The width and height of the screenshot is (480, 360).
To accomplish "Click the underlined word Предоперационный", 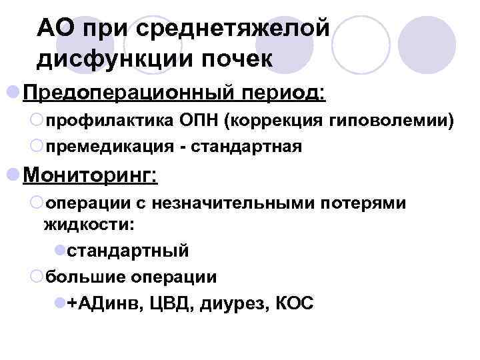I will [129, 91].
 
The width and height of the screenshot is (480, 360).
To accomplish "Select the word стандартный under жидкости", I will [128, 251].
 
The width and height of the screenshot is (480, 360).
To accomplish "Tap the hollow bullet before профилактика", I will [37, 120].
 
